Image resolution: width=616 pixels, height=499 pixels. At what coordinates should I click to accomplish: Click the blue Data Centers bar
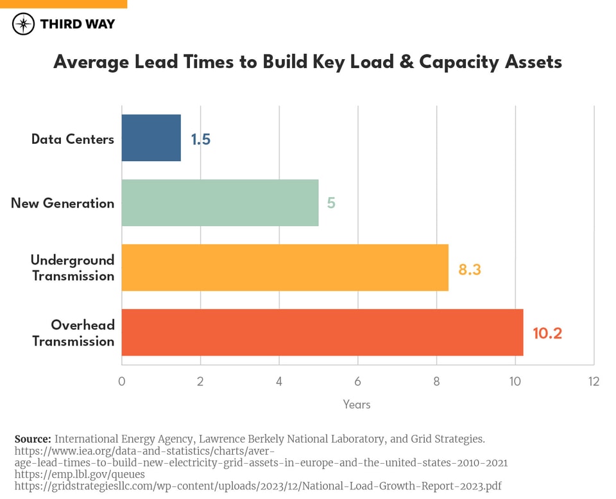pyautogui.click(x=151, y=138)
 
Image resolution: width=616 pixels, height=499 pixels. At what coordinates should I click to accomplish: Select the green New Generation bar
pyautogui.click(x=220, y=203)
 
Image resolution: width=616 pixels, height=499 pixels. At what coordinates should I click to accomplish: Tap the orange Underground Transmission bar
pyautogui.click(x=285, y=268)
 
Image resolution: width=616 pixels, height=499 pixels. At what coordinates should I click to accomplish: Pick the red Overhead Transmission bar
pyautogui.click(x=322, y=333)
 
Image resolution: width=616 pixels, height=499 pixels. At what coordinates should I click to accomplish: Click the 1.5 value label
pyautogui.click(x=200, y=139)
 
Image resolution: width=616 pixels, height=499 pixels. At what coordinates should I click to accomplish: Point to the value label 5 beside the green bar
pyautogui.click(x=331, y=204)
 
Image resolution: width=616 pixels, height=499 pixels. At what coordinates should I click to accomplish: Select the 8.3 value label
pyautogui.click(x=469, y=269)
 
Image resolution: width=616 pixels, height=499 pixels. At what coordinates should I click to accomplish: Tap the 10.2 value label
pyautogui.click(x=547, y=334)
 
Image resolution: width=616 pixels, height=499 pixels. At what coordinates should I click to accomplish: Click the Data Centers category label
pyautogui.click(x=73, y=139)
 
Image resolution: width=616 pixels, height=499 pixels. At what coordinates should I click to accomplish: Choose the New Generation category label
pyautogui.click(x=62, y=204)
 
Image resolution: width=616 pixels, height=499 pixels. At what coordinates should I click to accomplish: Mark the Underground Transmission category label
pyautogui.click(x=73, y=268)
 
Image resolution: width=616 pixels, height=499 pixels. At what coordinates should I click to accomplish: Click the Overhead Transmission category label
pyautogui.click(x=73, y=333)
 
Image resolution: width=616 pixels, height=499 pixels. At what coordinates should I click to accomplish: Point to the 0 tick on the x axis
pyautogui.click(x=122, y=381)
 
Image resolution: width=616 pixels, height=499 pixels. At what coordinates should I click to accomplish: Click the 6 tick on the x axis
pyautogui.click(x=357, y=381)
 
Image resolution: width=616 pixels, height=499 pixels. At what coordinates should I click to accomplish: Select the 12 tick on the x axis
pyautogui.click(x=594, y=381)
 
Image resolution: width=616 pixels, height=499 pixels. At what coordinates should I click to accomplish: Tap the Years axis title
pyautogui.click(x=357, y=405)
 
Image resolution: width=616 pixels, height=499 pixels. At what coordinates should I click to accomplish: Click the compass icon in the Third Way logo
pyautogui.click(x=24, y=24)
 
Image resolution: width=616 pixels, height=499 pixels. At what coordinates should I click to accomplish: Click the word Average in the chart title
pyautogui.click(x=91, y=62)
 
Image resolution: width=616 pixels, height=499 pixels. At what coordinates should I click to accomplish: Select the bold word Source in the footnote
pyautogui.click(x=32, y=439)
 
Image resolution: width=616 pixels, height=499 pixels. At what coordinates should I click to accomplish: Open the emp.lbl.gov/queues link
pyautogui.click(x=80, y=475)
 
